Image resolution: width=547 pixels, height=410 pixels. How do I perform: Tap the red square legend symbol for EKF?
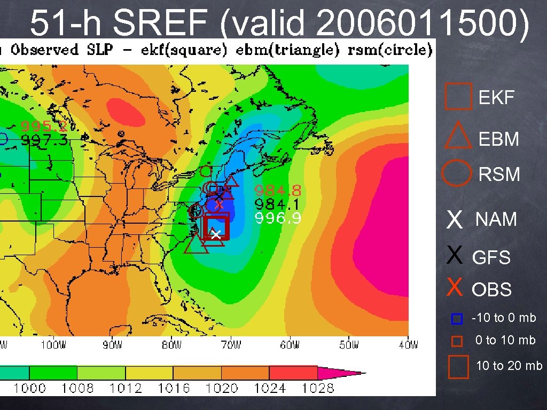click(x=458, y=97)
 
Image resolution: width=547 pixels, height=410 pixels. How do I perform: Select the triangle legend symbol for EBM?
click(x=458, y=136)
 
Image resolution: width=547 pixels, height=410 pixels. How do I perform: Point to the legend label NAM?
click(x=496, y=219)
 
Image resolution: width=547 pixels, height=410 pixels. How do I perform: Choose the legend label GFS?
click(x=491, y=258)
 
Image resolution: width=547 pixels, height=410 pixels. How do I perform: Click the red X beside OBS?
click(x=454, y=288)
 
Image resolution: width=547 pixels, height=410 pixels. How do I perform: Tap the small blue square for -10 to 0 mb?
click(x=456, y=319)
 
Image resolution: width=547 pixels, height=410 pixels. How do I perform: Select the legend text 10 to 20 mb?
click(x=509, y=366)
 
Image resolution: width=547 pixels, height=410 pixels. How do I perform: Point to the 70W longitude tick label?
click(x=232, y=345)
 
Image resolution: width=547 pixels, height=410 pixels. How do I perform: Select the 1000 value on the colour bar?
click(x=29, y=388)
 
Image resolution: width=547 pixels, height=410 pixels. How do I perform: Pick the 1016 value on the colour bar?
click(x=174, y=388)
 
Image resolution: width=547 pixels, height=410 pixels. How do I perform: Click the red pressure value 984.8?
click(x=278, y=190)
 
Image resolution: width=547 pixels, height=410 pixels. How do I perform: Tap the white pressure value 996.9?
click(x=278, y=218)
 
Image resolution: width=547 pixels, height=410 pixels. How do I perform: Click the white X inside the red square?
click(x=215, y=234)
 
